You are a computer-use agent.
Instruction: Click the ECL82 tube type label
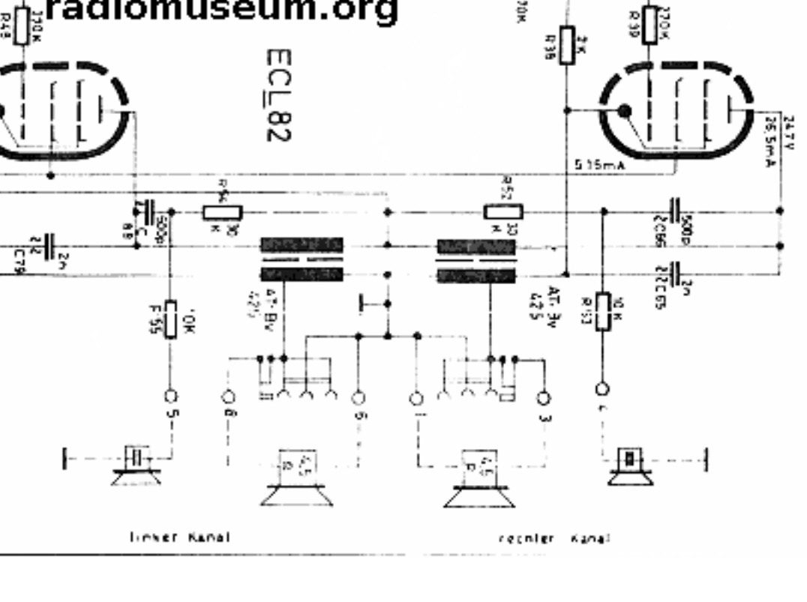tap(278, 95)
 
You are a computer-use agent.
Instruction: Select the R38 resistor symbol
tap(567, 41)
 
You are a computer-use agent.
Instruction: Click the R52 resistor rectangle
tap(503, 212)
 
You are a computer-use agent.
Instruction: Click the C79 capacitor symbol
tap(49, 245)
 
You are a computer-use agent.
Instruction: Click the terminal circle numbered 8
tap(229, 396)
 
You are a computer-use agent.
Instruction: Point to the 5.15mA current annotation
tap(599, 166)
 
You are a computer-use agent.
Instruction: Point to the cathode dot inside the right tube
tap(624, 112)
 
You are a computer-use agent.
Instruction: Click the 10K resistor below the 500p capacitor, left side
tap(171, 319)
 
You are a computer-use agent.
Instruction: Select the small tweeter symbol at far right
tap(629, 465)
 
